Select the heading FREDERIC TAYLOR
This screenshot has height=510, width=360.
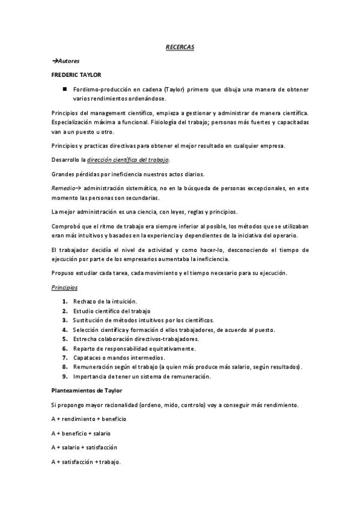(76, 75)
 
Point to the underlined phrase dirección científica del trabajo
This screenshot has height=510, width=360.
(128, 159)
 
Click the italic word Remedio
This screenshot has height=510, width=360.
(62, 188)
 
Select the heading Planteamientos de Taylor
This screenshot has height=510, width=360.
(87, 390)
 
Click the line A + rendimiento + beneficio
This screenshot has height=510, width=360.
(88, 419)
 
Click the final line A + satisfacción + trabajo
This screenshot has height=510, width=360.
(87, 462)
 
